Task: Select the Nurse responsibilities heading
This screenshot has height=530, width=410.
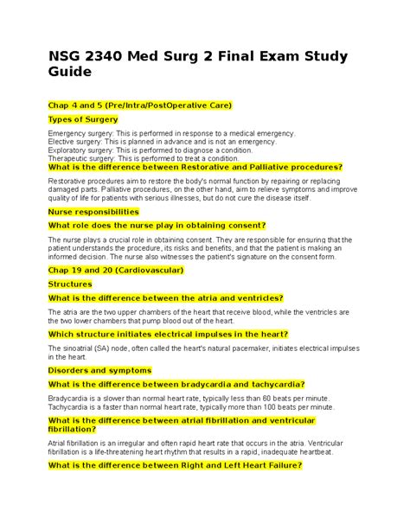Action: point(93,211)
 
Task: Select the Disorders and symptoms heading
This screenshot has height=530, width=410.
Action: point(99,369)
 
